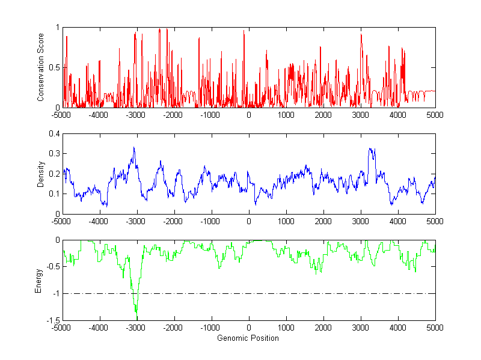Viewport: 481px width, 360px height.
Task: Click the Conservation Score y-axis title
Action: (41, 67)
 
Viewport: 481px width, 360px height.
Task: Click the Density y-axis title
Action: (41, 174)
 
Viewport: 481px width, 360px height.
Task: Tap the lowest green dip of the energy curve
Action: (136, 312)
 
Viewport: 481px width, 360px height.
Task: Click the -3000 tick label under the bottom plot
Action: (136, 328)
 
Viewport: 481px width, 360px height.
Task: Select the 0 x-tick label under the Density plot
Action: (249, 221)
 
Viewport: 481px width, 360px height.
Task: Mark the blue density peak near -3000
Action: (134, 147)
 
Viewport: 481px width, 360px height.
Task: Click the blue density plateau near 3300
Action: (372, 150)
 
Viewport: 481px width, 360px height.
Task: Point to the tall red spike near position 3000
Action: (361, 35)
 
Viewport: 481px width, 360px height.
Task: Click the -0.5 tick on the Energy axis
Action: (53, 267)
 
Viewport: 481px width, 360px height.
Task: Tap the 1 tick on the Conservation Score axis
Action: (57, 28)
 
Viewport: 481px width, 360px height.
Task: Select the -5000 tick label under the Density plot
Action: (61, 221)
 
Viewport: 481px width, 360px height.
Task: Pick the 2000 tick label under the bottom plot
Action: (323, 328)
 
